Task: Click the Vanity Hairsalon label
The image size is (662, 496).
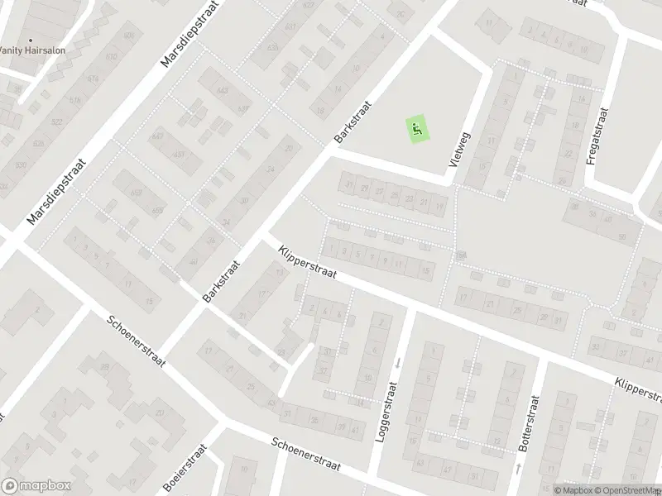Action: click(33, 50)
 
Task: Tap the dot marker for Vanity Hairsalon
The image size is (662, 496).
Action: click(31, 39)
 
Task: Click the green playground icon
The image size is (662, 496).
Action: click(416, 129)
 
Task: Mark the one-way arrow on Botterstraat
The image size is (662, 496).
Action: click(519, 467)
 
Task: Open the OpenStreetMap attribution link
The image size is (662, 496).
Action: click(626, 489)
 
